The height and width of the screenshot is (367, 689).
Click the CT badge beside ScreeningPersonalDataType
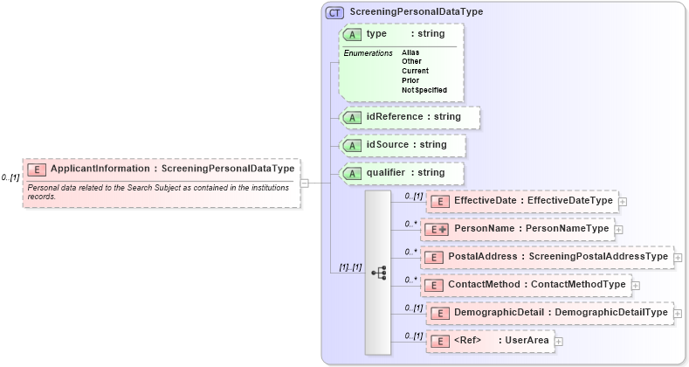click(334, 12)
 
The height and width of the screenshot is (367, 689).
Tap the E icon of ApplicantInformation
click(37, 169)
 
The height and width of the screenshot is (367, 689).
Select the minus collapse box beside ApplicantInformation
click(304, 183)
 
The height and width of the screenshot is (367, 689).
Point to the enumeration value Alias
click(410, 52)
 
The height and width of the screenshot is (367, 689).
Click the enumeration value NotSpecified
click(424, 90)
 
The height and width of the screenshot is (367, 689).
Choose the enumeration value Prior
click(410, 80)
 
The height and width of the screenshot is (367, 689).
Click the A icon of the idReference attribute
click(353, 116)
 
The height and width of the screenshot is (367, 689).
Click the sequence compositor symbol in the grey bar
click(378, 273)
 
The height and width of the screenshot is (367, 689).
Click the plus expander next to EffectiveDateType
click(623, 201)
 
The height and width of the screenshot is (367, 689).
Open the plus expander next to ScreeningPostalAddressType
click(678, 257)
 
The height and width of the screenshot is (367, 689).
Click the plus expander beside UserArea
click(559, 341)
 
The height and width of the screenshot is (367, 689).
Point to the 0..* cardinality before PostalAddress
click(410, 252)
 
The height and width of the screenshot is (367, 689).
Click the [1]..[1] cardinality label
click(350, 267)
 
